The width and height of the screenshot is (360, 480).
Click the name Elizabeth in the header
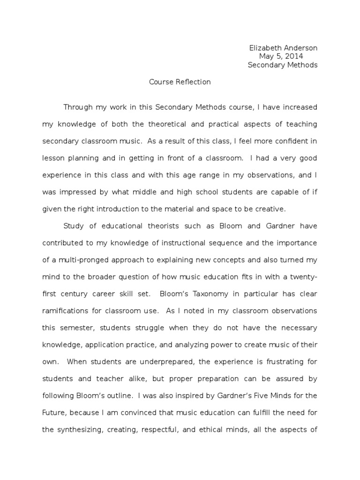pyautogui.click(x=264, y=48)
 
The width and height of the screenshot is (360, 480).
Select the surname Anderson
pyautogui.click(x=300, y=48)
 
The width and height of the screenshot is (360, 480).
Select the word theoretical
pyautogui.click(x=173, y=124)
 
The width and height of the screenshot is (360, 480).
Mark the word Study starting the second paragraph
pyautogui.click(x=74, y=226)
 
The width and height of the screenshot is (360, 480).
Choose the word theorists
pyautogui.click(x=157, y=226)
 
